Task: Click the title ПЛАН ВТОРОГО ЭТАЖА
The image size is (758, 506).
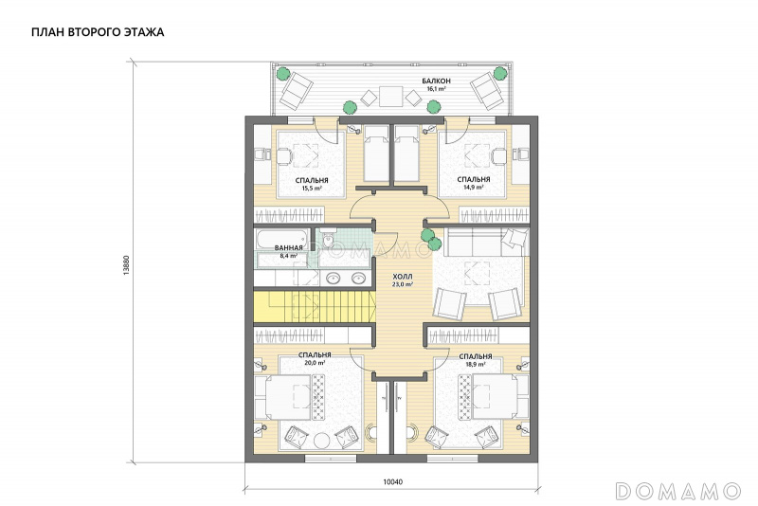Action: click(x=98, y=32)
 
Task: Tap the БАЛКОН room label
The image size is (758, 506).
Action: click(x=436, y=81)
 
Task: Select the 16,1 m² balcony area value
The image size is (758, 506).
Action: click(x=436, y=89)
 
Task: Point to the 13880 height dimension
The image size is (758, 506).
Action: click(x=127, y=264)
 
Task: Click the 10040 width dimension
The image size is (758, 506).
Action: click(x=392, y=481)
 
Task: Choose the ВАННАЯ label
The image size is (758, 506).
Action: click(x=289, y=247)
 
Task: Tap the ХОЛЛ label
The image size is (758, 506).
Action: click(x=403, y=277)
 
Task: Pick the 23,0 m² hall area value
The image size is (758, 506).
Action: click(x=403, y=284)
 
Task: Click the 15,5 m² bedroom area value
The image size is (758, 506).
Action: click(x=312, y=189)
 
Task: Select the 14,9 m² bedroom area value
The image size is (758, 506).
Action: click(x=474, y=187)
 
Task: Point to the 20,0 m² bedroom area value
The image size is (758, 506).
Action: click(x=315, y=362)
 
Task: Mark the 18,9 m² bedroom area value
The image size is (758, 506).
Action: click(x=476, y=364)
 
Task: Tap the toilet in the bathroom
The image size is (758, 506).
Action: click(x=328, y=238)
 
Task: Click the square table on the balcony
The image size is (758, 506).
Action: click(x=390, y=96)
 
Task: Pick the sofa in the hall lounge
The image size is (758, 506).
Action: click(x=486, y=242)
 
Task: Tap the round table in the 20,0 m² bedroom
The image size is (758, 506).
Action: click(x=321, y=441)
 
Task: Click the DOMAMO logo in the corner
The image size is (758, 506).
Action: click(x=678, y=491)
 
